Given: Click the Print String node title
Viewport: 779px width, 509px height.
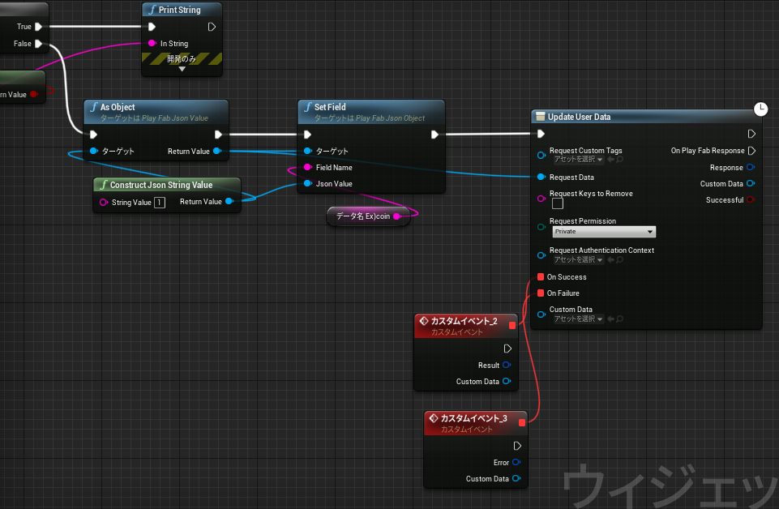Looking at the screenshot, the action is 179,10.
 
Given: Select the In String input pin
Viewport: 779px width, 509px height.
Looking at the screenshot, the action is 152,43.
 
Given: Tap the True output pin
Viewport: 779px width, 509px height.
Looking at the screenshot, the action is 38,27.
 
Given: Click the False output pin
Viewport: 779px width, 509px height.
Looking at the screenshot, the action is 38,44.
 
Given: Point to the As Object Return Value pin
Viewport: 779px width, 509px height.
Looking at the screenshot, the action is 217,151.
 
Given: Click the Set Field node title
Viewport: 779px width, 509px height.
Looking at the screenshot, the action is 330,107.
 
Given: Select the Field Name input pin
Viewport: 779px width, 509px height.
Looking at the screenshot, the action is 308,167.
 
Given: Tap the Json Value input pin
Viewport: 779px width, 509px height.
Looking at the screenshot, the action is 308,184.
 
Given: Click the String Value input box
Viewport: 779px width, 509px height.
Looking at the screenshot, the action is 160,203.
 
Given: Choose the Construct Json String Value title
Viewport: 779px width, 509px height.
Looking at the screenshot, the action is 161,185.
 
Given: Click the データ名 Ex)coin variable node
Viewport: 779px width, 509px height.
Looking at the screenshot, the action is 368,216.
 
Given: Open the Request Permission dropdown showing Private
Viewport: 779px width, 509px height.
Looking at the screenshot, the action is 604,232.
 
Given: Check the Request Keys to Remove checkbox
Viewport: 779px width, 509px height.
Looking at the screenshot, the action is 558,203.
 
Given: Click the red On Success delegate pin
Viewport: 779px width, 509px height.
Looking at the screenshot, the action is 541,276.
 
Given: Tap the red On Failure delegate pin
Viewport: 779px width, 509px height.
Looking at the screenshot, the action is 541,293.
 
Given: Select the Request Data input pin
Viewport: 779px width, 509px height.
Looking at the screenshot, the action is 541,177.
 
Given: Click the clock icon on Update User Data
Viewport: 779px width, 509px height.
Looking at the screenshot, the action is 760,109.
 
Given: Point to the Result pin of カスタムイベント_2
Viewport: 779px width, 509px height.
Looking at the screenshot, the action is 507,365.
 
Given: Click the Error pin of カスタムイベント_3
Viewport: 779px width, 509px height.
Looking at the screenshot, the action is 516,462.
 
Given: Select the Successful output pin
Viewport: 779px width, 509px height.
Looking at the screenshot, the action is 751,199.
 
